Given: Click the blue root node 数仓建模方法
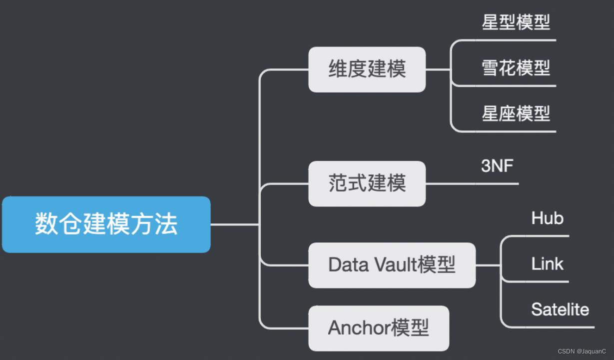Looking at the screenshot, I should [106, 224].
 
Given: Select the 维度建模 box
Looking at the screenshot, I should [367, 69].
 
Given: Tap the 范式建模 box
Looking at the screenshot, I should [367, 183].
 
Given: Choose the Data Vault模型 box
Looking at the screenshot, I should [392, 265].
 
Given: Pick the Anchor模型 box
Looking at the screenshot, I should [378, 328].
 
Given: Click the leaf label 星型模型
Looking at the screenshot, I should [516, 22].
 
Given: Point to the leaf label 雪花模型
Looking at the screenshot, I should [516, 68].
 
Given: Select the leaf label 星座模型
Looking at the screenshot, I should [516, 114].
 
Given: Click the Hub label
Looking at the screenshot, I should [547, 218].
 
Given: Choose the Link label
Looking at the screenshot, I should [547, 264].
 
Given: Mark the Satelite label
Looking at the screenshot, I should [560, 309].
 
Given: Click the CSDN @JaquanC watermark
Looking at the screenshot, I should [582, 351].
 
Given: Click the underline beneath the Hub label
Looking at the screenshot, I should [547, 235].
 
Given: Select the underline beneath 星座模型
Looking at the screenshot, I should [516, 131].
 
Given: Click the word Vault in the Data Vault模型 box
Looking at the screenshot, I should [395, 265].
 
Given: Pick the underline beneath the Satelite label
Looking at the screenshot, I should [560, 327].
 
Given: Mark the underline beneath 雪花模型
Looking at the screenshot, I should [516, 86].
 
